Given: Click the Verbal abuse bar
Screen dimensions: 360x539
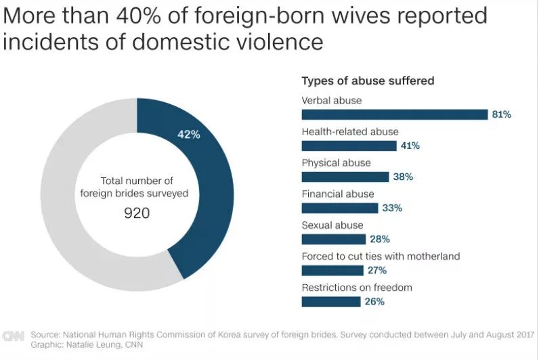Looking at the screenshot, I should tap(394, 114).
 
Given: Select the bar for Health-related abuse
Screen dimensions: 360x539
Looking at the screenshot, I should tap(349, 145).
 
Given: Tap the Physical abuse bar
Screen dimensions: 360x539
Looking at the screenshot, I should tap(345, 177).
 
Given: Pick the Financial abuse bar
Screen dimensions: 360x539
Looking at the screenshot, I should tap(339, 208).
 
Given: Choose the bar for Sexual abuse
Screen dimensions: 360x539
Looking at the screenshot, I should tap(333, 239).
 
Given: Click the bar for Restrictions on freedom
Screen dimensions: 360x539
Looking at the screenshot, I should tap(330, 302).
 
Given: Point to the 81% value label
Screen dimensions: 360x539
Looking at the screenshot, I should tap(501, 114).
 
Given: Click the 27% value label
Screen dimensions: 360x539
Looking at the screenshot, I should tap(377, 270).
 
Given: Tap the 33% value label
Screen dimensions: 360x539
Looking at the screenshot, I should tap(392, 208).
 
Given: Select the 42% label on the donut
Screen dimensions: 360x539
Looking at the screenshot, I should tap(188, 134).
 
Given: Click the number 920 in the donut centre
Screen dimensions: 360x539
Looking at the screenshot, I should tap(136, 212).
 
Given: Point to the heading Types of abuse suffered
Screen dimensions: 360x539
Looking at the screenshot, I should tap(368, 81).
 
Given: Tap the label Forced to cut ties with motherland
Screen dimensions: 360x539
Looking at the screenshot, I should tap(381, 256).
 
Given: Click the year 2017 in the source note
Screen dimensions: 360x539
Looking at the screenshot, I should tap(523, 334).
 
